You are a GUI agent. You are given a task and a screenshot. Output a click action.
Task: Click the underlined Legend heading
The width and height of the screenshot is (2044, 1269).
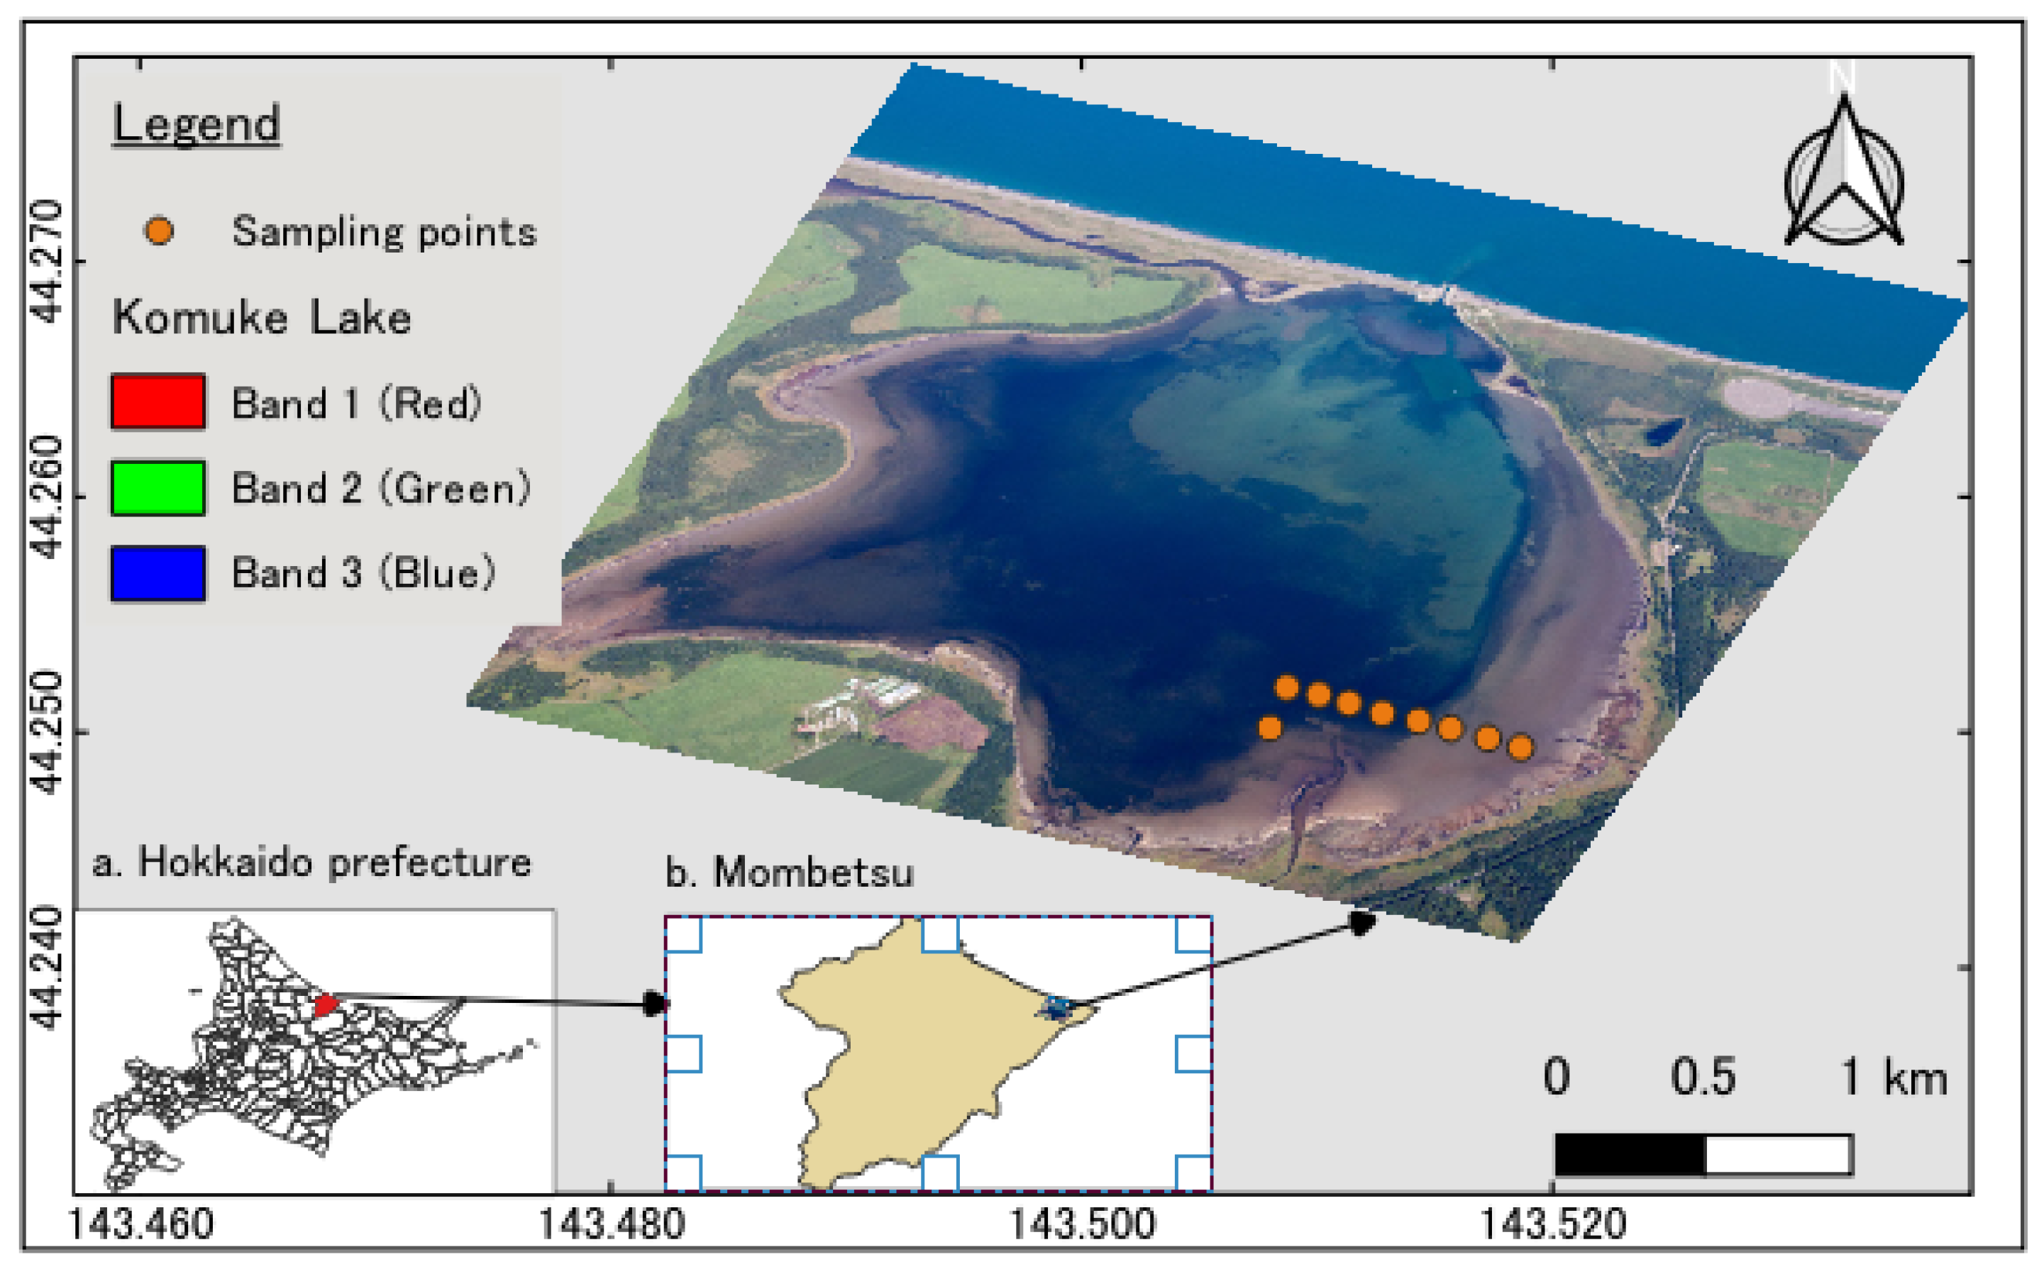pos(196,124)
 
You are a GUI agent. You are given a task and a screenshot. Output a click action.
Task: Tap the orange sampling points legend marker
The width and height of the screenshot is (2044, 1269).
pos(159,231)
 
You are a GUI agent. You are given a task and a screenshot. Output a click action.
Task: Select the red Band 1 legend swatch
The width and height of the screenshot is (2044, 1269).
pos(158,402)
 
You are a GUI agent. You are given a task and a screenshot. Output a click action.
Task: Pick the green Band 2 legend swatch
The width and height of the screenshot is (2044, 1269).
pos(158,487)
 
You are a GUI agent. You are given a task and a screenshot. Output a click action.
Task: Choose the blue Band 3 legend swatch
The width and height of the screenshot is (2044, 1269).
pos(158,573)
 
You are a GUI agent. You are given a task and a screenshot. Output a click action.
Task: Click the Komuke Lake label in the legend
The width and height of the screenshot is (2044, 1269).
pos(262,318)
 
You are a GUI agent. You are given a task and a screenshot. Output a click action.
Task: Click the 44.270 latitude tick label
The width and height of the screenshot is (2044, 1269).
pos(47,262)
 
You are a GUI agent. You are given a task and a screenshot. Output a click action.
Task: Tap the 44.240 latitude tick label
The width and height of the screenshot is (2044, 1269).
pos(47,967)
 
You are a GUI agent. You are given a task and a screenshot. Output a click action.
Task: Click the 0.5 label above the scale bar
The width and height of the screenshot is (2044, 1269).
pos(1702,1077)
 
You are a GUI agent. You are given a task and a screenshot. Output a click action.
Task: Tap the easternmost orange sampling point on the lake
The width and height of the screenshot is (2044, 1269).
pos(1520,747)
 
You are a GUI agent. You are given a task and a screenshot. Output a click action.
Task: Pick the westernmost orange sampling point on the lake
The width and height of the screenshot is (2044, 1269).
pos(1270,728)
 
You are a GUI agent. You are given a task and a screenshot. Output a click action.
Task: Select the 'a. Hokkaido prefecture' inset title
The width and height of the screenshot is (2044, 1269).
pos(311,863)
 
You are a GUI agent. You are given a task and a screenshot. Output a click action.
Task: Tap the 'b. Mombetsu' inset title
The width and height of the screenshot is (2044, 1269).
pos(789,873)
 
